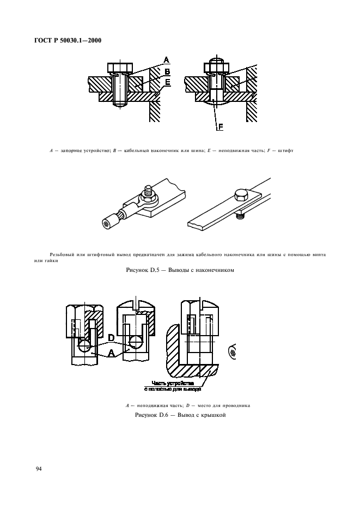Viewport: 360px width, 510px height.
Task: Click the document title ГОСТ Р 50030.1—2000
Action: pyautogui.click(x=68, y=41)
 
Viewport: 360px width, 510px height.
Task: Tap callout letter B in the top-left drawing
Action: pyautogui.click(x=167, y=71)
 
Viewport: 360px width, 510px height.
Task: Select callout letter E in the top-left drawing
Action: pyautogui.click(x=167, y=82)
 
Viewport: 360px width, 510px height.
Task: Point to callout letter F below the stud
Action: pyautogui.click(x=220, y=126)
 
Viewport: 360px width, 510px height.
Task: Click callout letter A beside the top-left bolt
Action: pyautogui.click(x=166, y=60)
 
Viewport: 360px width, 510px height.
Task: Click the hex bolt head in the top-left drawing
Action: pyautogui.click(x=120, y=68)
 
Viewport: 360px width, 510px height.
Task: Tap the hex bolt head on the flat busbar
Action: pyautogui.click(x=241, y=196)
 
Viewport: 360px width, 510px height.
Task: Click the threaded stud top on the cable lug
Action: pyautogui.click(x=149, y=189)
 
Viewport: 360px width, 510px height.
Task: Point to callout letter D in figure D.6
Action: pyautogui.click(x=111, y=338)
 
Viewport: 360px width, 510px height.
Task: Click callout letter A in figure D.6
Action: pyautogui.click(x=111, y=353)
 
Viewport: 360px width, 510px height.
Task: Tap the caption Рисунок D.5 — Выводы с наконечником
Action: pyautogui.click(x=180, y=270)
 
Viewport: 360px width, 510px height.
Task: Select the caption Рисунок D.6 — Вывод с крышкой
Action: pyautogui.click(x=180, y=415)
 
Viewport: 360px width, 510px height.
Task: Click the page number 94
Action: pyautogui.click(x=39, y=469)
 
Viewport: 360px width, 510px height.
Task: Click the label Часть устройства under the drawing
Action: pyautogui.click(x=173, y=383)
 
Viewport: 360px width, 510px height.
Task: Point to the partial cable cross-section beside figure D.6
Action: pyautogui.click(x=232, y=352)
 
